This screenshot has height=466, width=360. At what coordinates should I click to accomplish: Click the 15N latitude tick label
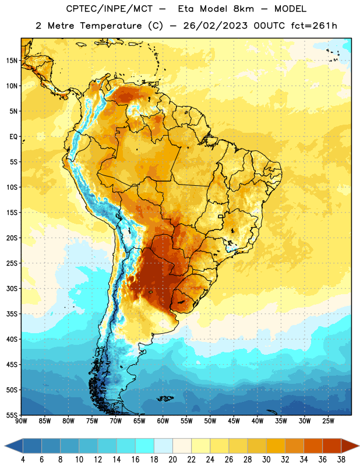(x=11, y=61)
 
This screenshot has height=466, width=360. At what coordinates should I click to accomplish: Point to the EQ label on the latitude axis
(x=13, y=137)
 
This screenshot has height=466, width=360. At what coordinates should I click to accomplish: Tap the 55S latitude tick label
(x=11, y=415)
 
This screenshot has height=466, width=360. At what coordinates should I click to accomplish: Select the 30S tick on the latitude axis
(x=11, y=288)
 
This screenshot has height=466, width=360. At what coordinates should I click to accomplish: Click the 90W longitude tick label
(x=21, y=421)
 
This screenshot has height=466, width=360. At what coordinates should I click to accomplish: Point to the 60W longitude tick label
(x=163, y=421)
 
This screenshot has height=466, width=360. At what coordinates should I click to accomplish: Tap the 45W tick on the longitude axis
(x=234, y=421)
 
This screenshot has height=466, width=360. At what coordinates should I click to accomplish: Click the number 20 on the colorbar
(x=172, y=460)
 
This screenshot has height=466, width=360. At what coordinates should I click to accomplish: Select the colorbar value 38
(x=341, y=460)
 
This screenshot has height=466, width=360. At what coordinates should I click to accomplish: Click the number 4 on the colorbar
(x=23, y=460)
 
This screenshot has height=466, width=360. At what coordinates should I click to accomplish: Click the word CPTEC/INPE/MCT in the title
(x=110, y=9)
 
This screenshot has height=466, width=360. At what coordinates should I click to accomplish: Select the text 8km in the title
(x=243, y=9)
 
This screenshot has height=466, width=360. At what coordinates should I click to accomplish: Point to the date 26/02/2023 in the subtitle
(x=215, y=26)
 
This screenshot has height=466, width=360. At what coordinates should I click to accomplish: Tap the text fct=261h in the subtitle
(x=314, y=26)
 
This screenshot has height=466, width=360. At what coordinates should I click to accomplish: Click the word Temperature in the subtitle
(x=111, y=26)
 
